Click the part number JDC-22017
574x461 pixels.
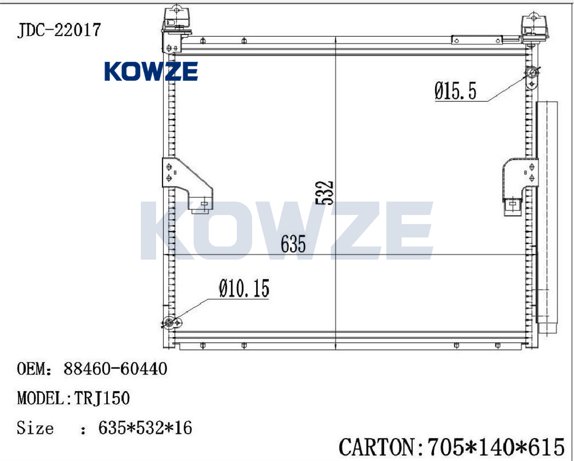pyautogui.click(x=59, y=30)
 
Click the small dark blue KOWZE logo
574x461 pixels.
pyautogui.click(x=151, y=71)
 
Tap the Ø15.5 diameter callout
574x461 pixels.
pyautogui.click(x=456, y=91)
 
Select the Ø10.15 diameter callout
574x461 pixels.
pyautogui.click(x=245, y=288)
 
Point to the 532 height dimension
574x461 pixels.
pyautogui.click(x=324, y=193)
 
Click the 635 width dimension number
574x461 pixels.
pyautogui.click(x=293, y=244)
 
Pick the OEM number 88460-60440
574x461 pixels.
pyautogui.click(x=116, y=369)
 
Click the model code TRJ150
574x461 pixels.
pyautogui.click(x=102, y=398)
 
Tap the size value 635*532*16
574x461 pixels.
pyautogui.click(x=145, y=428)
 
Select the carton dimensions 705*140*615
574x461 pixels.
pyautogui.click(x=496, y=447)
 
